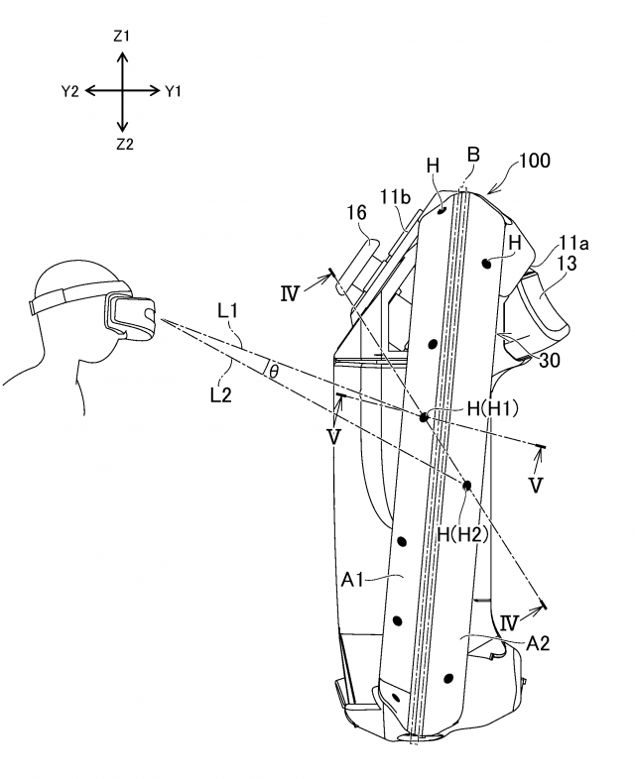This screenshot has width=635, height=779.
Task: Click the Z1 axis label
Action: tap(122, 36)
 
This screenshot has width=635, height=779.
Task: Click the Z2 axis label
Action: tap(122, 145)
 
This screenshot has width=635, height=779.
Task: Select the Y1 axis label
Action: tap(175, 91)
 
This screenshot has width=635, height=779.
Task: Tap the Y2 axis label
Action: tap(69, 91)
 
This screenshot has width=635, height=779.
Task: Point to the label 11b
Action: tap(394, 196)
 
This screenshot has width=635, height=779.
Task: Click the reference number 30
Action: tap(548, 361)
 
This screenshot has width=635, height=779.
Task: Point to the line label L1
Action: tap(226, 310)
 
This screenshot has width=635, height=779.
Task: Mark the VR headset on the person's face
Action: tap(132, 319)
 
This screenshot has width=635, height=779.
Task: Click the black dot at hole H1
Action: tap(424, 417)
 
